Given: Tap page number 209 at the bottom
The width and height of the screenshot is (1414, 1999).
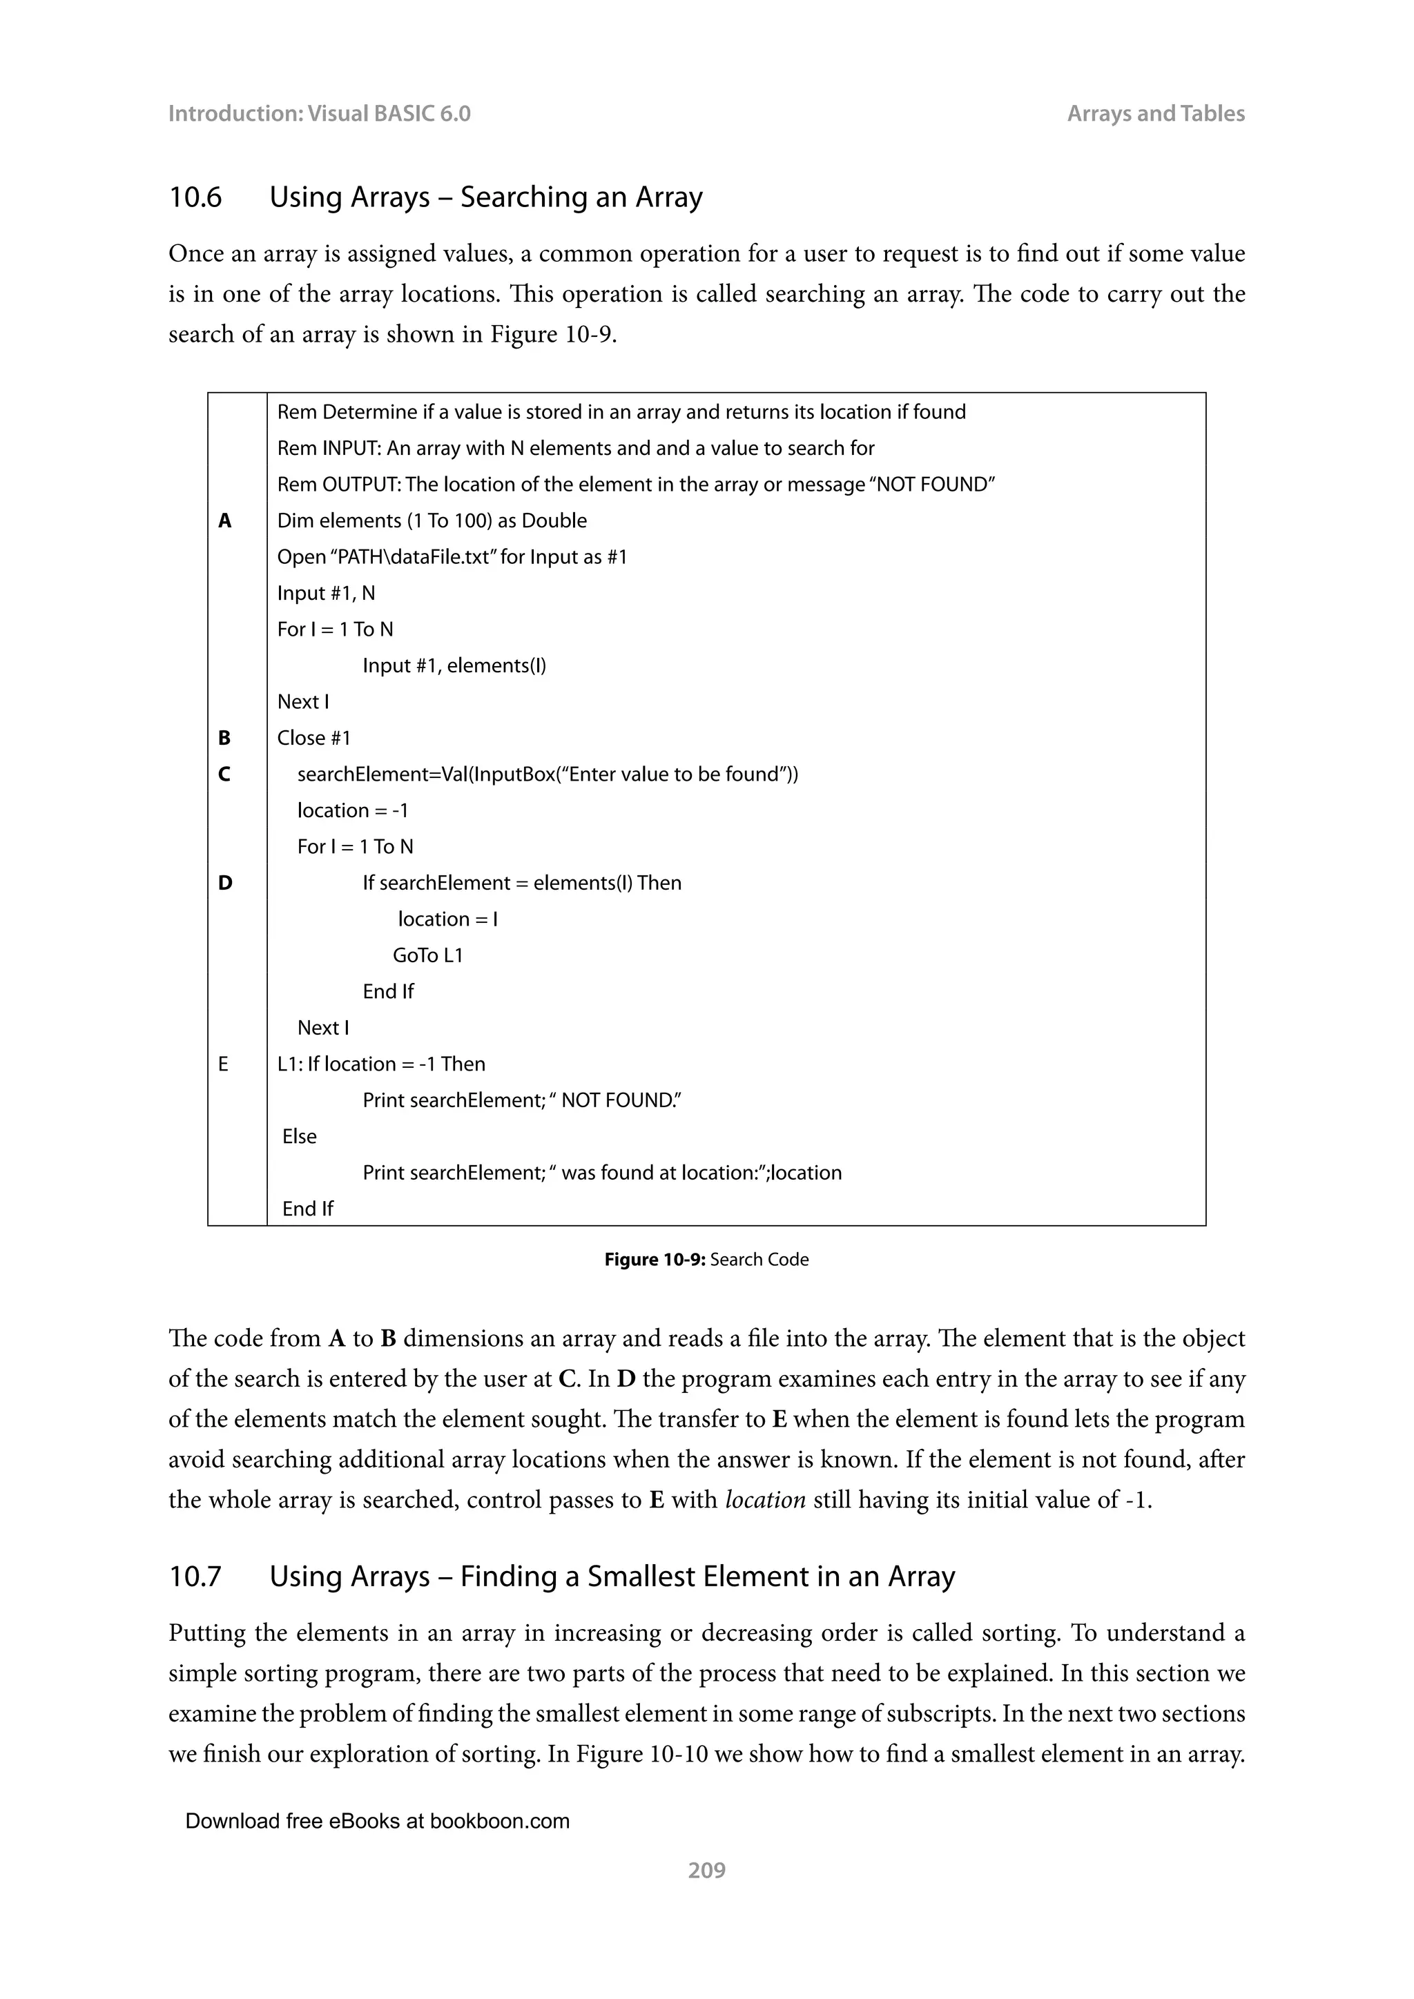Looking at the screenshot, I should [706, 1870].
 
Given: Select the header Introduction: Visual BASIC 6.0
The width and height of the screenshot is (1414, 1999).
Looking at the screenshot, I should [319, 113].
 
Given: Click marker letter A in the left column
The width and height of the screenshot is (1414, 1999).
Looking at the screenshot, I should [224, 520].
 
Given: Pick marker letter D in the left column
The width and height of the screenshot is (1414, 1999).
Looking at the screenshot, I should [224, 883].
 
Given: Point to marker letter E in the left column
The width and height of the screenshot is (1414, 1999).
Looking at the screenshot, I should [223, 1064].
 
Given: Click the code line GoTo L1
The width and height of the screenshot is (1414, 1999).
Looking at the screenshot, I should [427, 955].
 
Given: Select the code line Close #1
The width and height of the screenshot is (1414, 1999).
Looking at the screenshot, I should [313, 739].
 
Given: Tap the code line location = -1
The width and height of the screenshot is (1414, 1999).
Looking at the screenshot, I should [353, 810].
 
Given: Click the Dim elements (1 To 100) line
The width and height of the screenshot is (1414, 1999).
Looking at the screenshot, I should [432, 520].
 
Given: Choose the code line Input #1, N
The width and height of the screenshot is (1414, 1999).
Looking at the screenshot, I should [326, 593].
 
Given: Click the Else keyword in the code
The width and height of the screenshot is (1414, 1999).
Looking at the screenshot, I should [300, 1136].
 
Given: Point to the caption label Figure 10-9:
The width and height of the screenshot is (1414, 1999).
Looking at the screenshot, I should [654, 1260].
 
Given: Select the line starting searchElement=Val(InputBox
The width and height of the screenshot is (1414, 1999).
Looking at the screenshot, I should [547, 774].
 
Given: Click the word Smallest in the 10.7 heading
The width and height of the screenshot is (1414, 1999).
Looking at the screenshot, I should [643, 1577].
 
